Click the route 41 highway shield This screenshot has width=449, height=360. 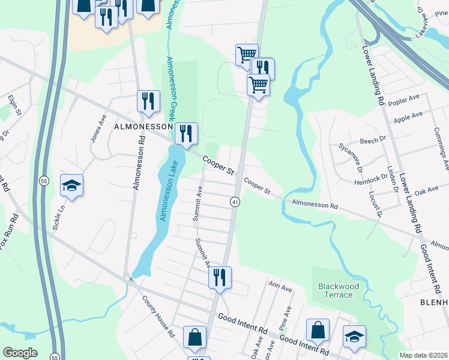235,202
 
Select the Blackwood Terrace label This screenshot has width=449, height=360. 339,291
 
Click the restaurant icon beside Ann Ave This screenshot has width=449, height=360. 219,278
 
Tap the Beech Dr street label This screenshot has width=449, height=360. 373,140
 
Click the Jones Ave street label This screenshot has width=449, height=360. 97,127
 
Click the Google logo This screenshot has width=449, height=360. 20,353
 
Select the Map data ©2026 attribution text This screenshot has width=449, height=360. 424,355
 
